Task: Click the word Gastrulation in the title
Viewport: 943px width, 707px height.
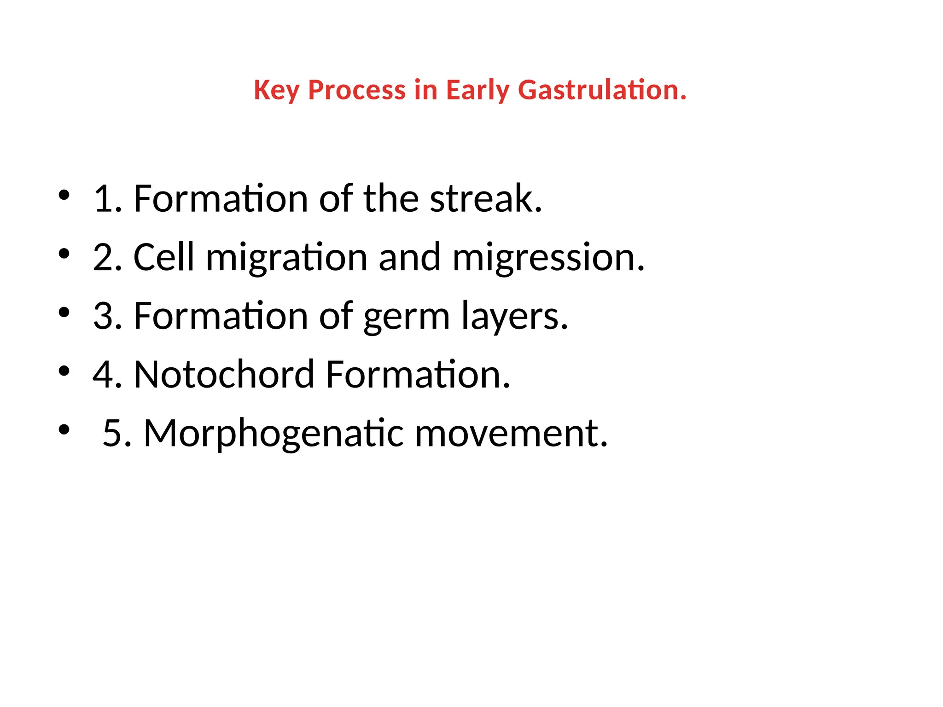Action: click(x=602, y=90)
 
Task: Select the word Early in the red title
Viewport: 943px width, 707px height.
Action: click(x=477, y=91)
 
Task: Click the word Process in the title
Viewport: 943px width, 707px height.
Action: click(x=356, y=90)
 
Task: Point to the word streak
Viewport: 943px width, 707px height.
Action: click(x=486, y=199)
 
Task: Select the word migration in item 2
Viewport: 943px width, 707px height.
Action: click(x=286, y=258)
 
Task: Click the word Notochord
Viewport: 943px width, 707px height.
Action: click(x=224, y=375)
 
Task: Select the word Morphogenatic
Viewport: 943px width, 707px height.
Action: click(x=274, y=435)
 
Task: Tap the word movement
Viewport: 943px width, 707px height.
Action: click(x=511, y=434)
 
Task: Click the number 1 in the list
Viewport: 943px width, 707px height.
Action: click(x=104, y=199)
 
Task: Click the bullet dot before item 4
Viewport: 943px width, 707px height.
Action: click(x=64, y=371)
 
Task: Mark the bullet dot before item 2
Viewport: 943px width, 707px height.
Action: click(x=64, y=254)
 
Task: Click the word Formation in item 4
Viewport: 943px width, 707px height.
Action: click(x=417, y=375)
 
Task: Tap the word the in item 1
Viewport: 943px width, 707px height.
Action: click(x=391, y=199)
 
